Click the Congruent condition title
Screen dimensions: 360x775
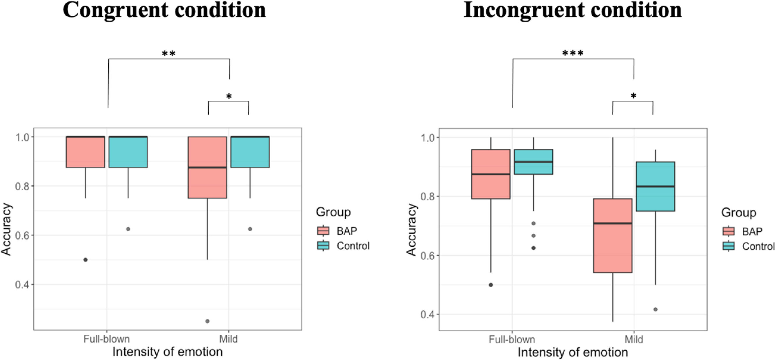[x=164, y=10]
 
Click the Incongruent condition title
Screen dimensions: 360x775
[x=572, y=10]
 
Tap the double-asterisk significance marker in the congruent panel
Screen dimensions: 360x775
[x=169, y=54]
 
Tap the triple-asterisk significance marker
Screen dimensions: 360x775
[x=573, y=53]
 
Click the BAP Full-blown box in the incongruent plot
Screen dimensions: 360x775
[x=491, y=174]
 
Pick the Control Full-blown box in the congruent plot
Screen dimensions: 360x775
[x=128, y=152]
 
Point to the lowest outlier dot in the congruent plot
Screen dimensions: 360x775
[x=207, y=321]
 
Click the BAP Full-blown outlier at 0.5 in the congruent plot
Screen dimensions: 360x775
[x=85, y=259]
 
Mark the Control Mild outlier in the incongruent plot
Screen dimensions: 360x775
[x=656, y=309]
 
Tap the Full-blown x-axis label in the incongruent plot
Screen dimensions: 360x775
[x=512, y=340]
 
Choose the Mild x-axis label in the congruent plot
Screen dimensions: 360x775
[x=228, y=339]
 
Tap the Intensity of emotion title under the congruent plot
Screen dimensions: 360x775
[x=167, y=352]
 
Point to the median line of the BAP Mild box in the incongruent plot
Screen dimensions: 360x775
[x=613, y=223]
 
